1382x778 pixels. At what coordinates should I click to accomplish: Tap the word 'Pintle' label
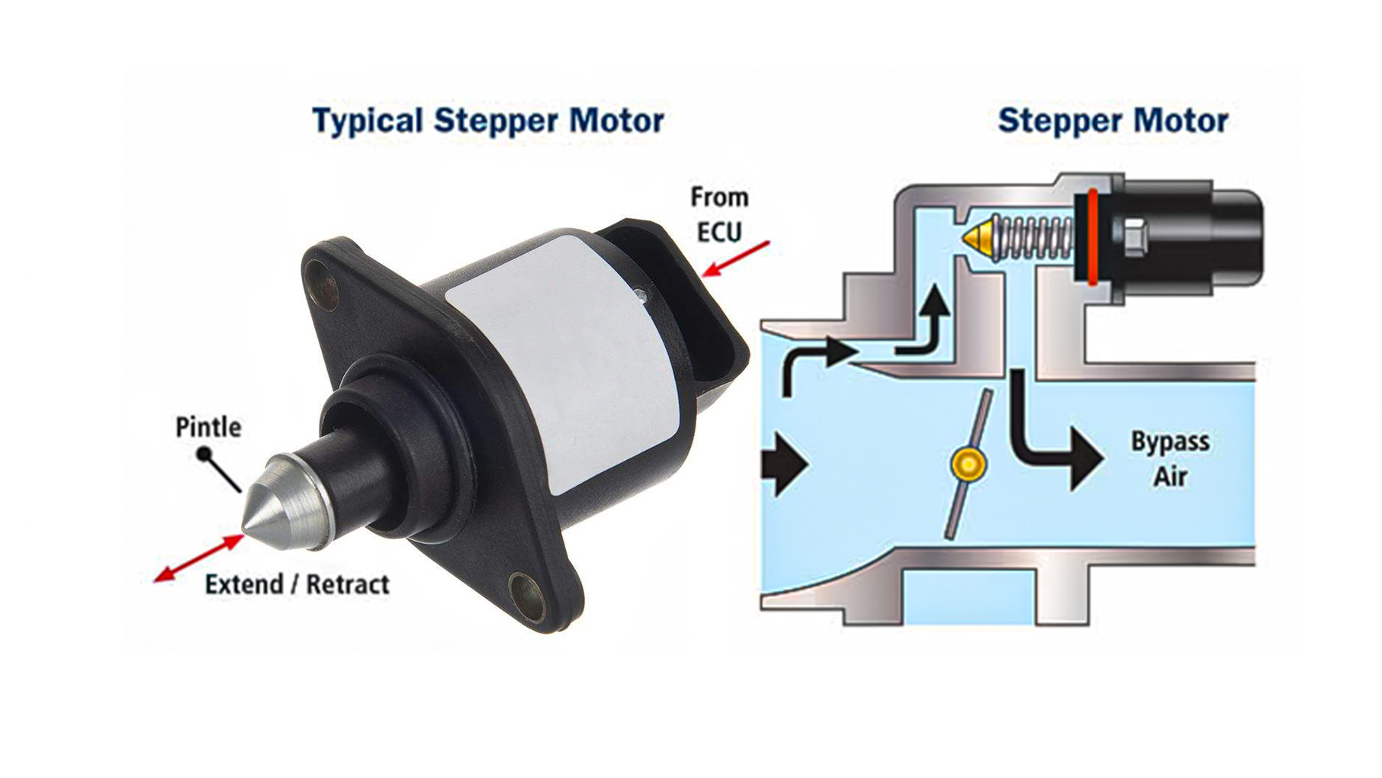(x=208, y=426)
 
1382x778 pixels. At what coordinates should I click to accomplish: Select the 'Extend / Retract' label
(x=297, y=584)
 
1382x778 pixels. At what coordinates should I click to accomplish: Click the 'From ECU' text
(x=719, y=214)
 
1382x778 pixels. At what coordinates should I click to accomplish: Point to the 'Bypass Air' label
(x=1170, y=458)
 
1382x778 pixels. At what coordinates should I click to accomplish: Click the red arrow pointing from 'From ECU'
(x=736, y=259)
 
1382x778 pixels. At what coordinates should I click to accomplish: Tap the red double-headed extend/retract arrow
(x=198, y=558)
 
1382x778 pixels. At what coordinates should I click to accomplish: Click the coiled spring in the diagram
(x=1033, y=237)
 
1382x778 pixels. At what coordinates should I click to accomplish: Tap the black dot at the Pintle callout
(x=204, y=455)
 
